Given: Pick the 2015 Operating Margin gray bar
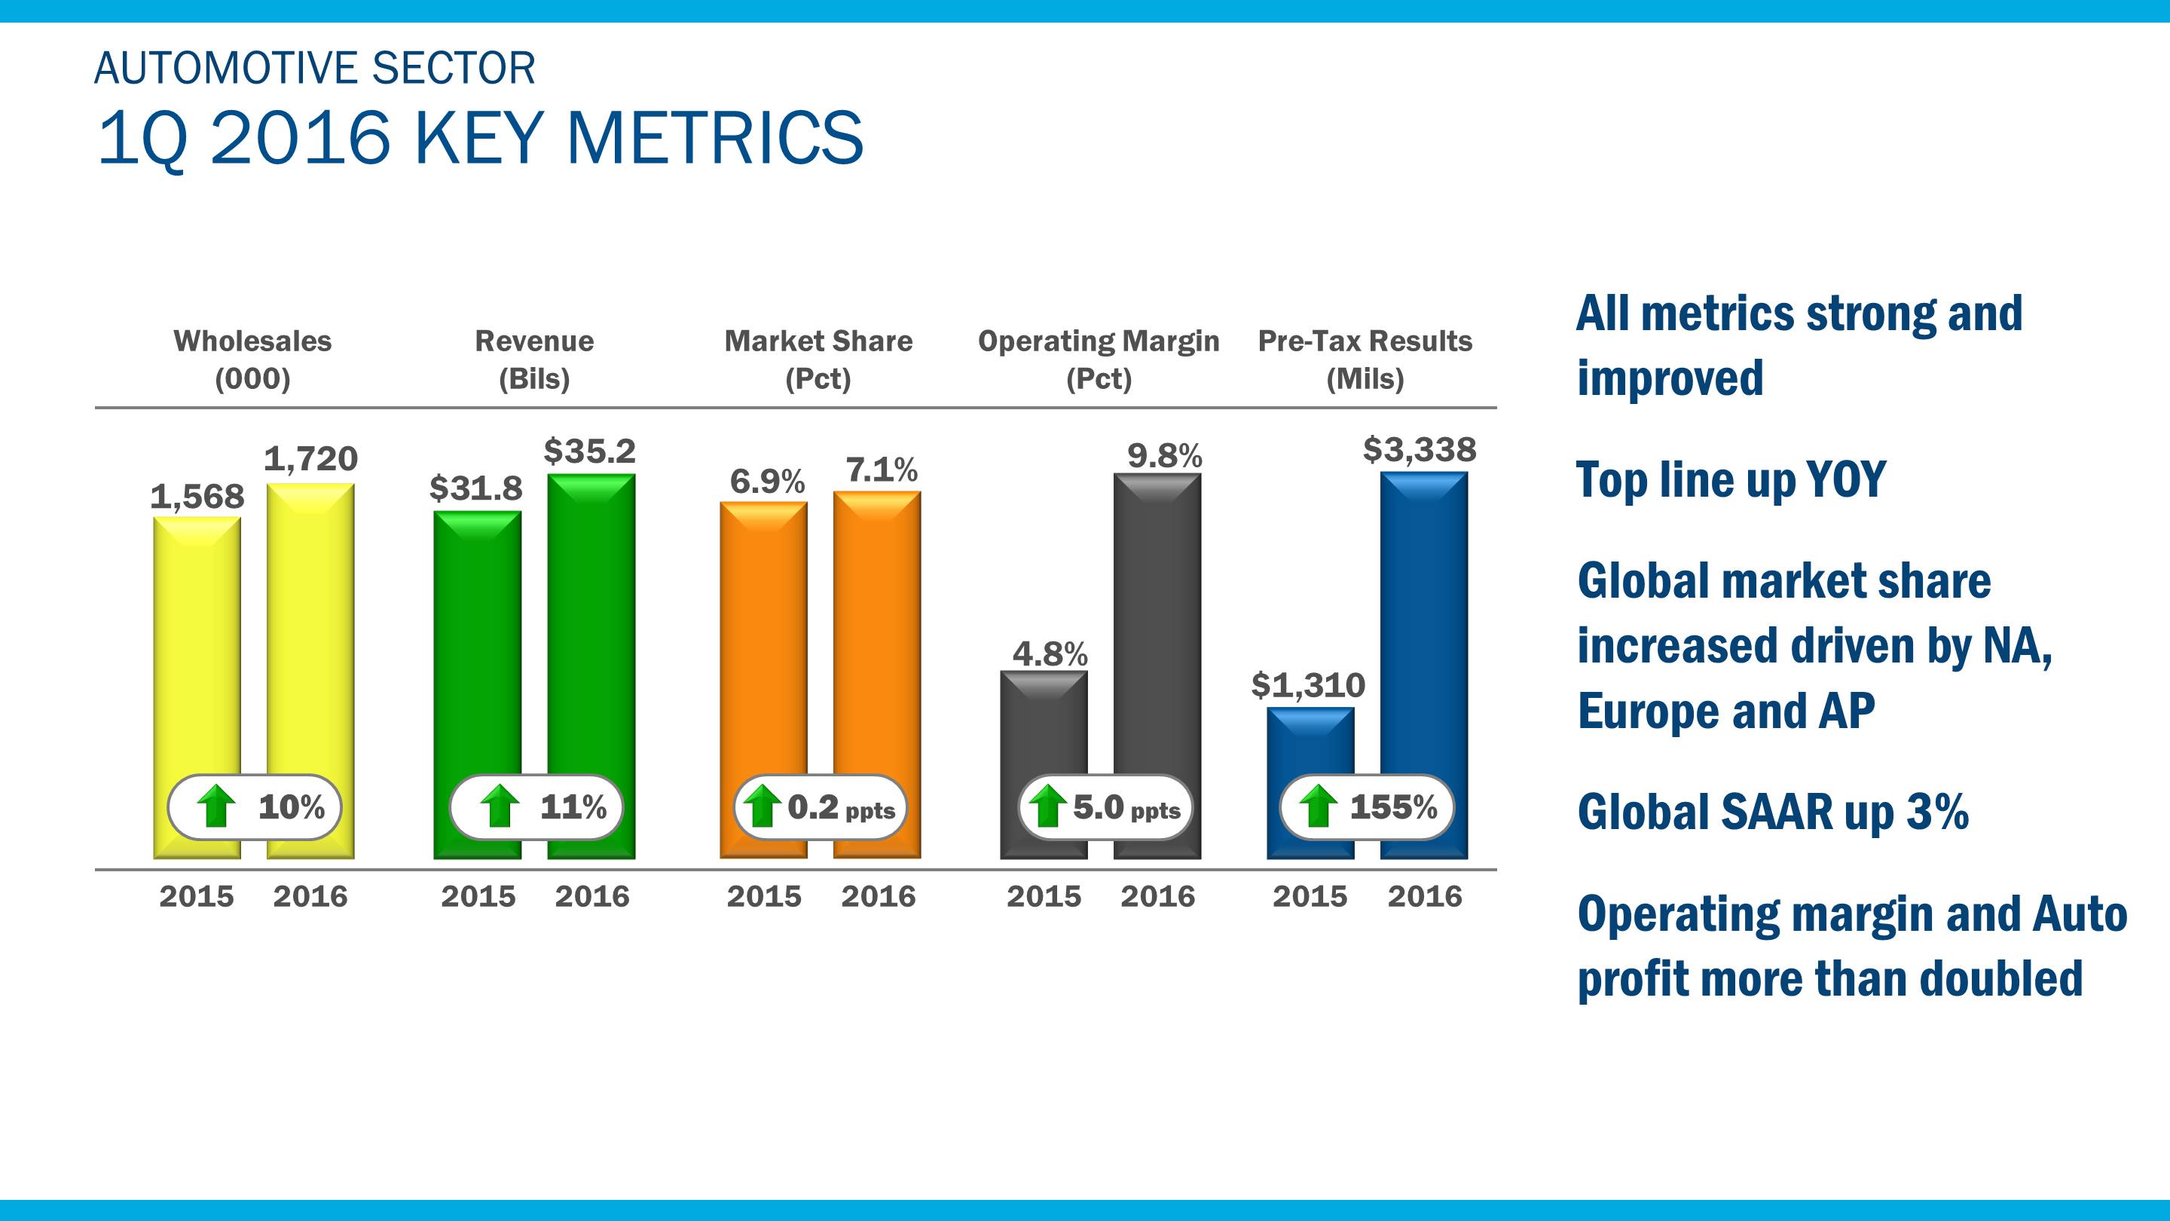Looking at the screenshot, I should click(1044, 724).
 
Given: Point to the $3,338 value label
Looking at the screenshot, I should click(1420, 450).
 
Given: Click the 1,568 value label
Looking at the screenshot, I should click(197, 497).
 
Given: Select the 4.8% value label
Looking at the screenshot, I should click(1050, 654).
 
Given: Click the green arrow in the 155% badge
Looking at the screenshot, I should click(1319, 806).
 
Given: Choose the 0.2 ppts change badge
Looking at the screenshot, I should click(821, 807).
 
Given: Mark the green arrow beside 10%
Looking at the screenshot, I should click(216, 806).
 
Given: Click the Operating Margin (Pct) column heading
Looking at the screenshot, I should click(1099, 360).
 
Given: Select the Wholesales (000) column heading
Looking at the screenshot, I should click(252, 360).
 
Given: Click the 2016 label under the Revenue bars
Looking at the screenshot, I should click(591, 895).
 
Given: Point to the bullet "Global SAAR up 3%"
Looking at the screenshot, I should click(1772, 812).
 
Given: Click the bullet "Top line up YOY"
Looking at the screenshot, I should click(1730, 479).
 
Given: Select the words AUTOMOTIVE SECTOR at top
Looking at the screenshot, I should click(314, 69).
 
